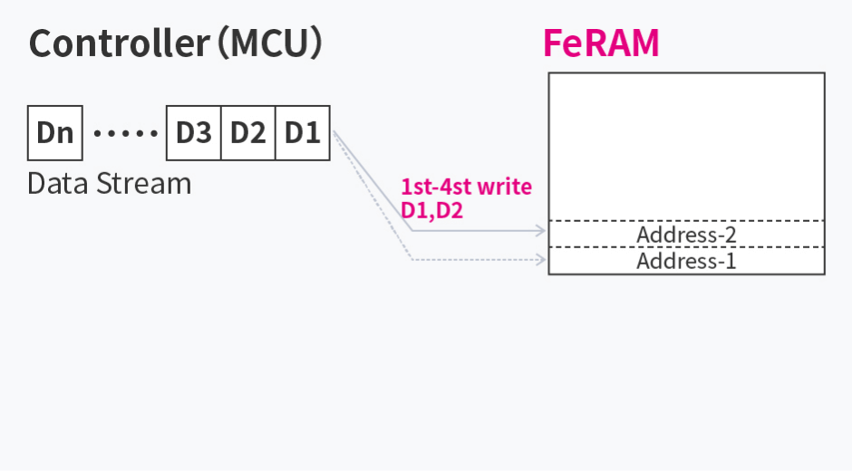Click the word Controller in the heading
119,43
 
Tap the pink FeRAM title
600,43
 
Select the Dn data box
55,133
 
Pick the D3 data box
193,133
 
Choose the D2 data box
247,133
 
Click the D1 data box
302,133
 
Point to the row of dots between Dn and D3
125,134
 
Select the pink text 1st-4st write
466,187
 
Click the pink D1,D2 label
431,211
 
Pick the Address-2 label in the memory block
686,235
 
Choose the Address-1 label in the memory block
686,262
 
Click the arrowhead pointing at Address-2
542,230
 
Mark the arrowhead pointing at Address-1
542,260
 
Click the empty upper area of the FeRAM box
686,145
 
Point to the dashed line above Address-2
686,221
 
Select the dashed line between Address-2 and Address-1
686,247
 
